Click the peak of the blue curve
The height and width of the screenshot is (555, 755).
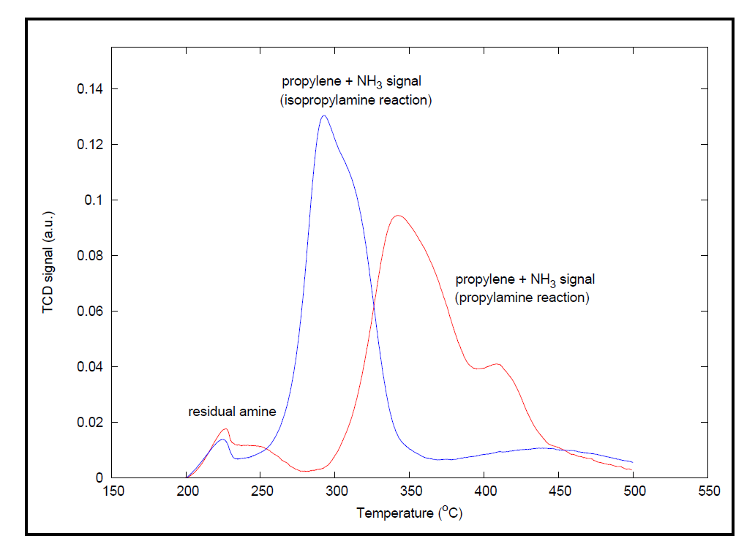(x=323, y=116)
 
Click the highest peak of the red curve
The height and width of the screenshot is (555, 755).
(x=397, y=216)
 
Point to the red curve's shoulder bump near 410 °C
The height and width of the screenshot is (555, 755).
(x=497, y=363)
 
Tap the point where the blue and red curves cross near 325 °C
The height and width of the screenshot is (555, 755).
(x=374, y=309)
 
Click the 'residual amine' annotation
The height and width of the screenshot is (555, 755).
(x=232, y=412)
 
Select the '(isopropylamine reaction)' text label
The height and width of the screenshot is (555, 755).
(x=356, y=99)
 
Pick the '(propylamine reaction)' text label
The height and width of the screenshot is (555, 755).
(x=522, y=298)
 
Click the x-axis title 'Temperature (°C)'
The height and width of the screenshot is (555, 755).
(x=410, y=513)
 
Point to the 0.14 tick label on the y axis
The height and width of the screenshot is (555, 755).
(x=91, y=89)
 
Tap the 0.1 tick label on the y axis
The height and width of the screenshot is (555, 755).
(x=95, y=200)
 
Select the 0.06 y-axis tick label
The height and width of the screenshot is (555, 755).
(x=91, y=312)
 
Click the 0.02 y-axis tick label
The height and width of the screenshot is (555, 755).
(x=91, y=423)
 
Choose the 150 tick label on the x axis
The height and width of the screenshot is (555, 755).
(x=113, y=491)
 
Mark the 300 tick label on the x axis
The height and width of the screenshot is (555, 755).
(x=336, y=491)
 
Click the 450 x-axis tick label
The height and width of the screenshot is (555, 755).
(x=559, y=491)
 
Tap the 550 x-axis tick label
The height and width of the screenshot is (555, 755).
(x=707, y=491)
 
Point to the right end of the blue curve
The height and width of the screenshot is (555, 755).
(x=632, y=462)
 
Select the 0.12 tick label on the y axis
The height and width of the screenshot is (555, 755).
(x=91, y=145)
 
